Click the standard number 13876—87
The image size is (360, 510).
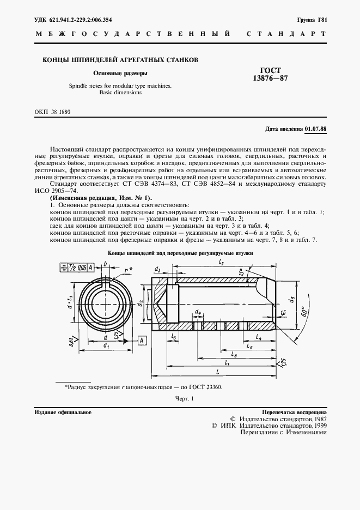(x=270, y=78)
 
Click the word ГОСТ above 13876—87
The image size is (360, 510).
(x=270, y=70)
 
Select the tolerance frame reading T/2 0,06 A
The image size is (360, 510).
(x=76, y=267)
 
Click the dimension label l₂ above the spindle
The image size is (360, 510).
(x=222, y=263)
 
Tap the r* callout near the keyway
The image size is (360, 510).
(x=128, y=270)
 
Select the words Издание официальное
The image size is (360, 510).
(x=63, y=412)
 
